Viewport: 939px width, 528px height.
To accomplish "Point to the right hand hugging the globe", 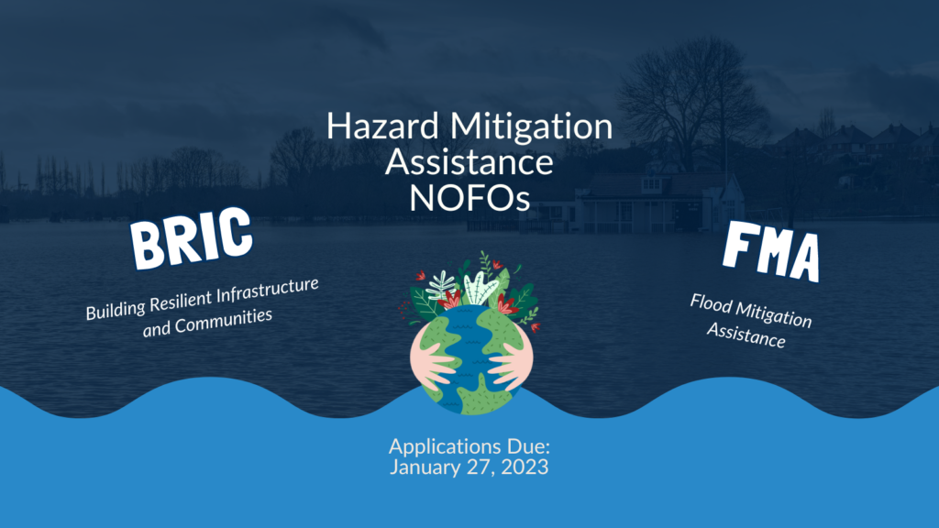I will click(508, 363).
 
